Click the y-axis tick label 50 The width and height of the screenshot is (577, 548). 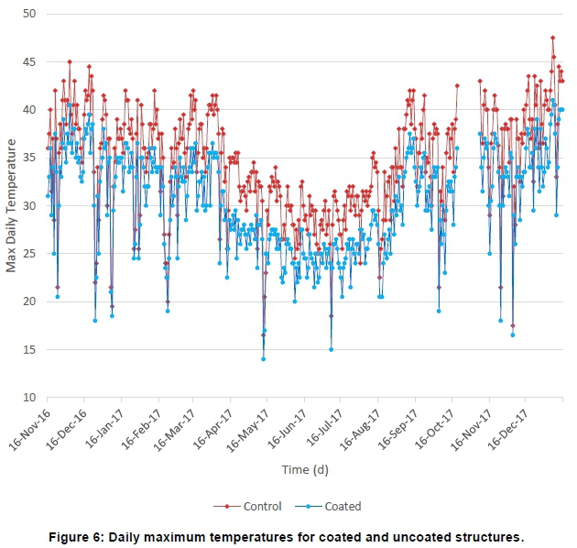[28, 14]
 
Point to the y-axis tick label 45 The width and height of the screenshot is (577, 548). [28, 61]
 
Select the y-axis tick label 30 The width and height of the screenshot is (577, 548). [28, 205]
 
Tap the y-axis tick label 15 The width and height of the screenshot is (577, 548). [28, 349]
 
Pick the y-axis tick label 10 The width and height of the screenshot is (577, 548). [28, 398]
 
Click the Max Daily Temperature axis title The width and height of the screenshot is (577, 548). [12, 205]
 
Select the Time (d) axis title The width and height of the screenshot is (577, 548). [305, 470]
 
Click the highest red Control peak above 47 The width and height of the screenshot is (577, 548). [552, 38]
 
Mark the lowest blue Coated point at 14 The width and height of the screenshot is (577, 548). [263, 359]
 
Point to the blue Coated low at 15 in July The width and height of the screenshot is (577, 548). [331, 349]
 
